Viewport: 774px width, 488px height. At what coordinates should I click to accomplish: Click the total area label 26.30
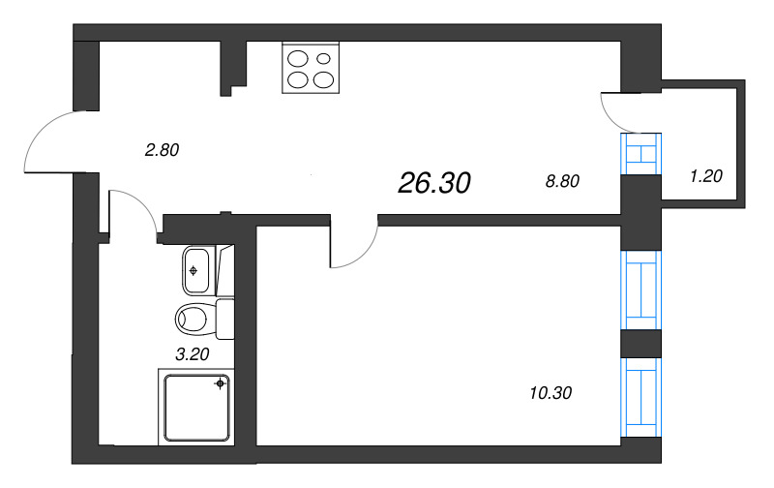433,183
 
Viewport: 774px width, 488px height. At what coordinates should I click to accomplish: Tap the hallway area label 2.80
162,150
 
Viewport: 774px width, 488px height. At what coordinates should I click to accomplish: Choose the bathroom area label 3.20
193,353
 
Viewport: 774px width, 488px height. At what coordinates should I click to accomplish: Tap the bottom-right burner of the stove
324,79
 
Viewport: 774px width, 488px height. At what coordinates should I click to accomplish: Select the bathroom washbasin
197,269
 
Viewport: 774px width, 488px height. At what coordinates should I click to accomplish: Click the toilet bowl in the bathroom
194,318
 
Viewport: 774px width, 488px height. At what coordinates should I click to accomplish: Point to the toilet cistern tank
225,319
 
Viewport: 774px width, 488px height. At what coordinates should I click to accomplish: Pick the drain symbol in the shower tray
222,384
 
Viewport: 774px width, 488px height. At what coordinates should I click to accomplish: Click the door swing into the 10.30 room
355,247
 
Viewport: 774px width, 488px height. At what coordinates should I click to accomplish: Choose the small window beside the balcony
640,153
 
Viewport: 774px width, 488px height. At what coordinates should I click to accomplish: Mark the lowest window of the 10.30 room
640,396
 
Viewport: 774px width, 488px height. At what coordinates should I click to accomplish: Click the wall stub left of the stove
233,68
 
